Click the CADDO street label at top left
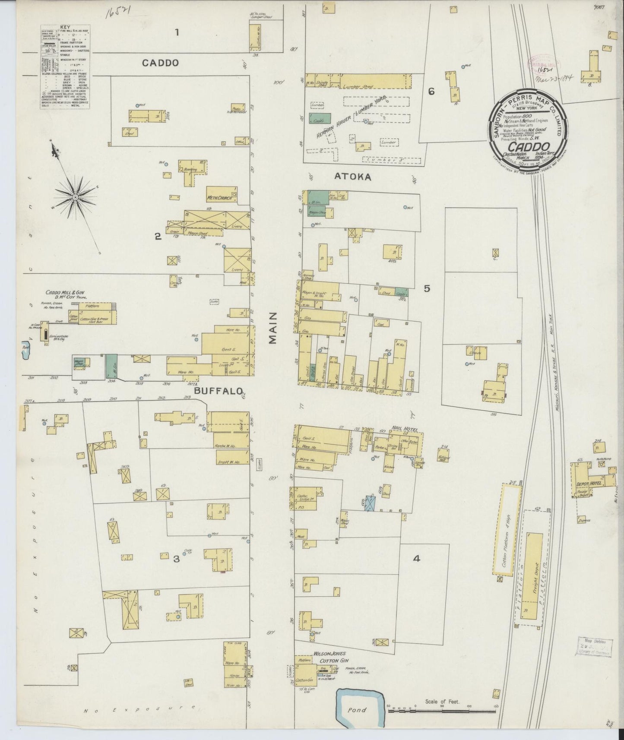160,63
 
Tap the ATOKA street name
358,177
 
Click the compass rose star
75,197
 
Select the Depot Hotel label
588,484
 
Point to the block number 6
431,91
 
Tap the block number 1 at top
177,32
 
